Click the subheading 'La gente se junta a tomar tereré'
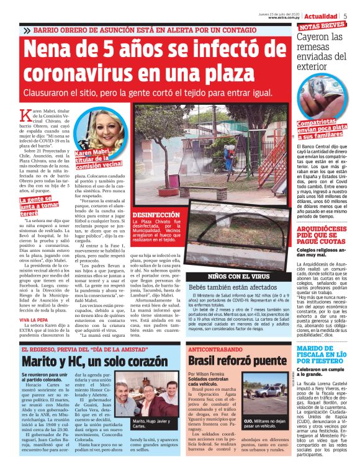(x=41, y=205)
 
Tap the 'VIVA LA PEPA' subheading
(x=34, y=319)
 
